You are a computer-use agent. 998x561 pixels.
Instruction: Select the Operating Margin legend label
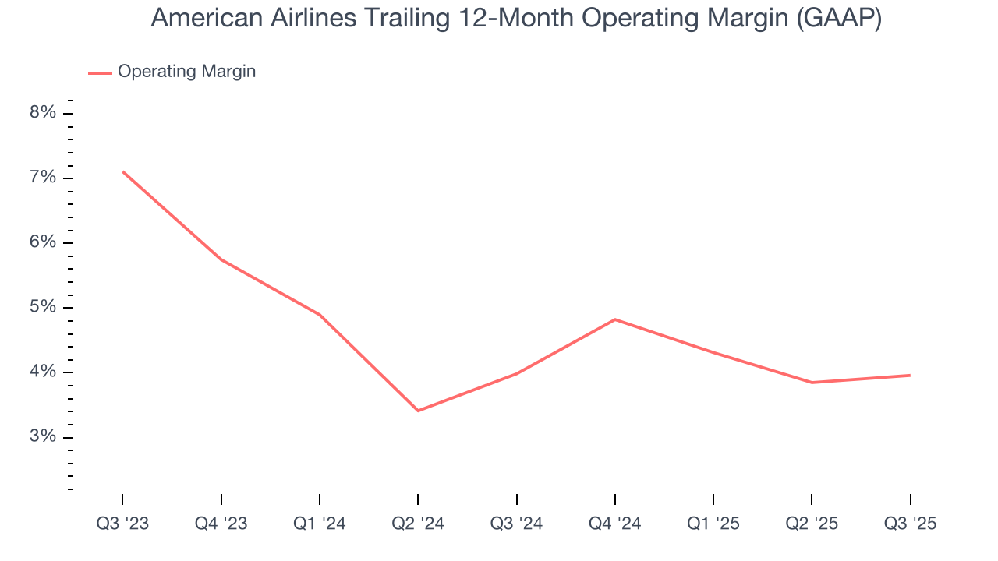tap(186, 72)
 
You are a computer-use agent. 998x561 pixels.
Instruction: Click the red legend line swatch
tap(100, 72)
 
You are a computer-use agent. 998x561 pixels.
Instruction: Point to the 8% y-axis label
tap(43, 113)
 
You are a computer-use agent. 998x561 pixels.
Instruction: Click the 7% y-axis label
tap(43, 178)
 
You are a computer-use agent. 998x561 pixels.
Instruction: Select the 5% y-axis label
tap(43, 307)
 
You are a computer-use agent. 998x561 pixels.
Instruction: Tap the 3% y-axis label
tap(43, 436)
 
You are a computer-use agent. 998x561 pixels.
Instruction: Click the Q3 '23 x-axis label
tap(123, 524)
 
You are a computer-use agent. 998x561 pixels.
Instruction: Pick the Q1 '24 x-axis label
tap(320, 524)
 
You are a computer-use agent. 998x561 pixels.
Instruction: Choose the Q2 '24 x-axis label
tap(418, 524)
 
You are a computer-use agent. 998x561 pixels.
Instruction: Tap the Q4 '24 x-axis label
tap(615, 524)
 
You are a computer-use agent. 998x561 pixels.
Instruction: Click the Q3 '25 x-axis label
tap(910, 524)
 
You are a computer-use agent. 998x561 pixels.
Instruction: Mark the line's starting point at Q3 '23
tap(123, 171)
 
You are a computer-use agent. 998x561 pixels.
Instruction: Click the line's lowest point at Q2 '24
tap(418, 411)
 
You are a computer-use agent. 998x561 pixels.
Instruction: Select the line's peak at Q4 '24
tap(615, 319)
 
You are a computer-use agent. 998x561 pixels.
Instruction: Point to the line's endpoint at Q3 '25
tap(910, 376)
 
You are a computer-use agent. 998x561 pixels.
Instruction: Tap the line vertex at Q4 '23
tap(221, 259)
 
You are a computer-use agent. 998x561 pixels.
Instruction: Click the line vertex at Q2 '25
tap(812, 383)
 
